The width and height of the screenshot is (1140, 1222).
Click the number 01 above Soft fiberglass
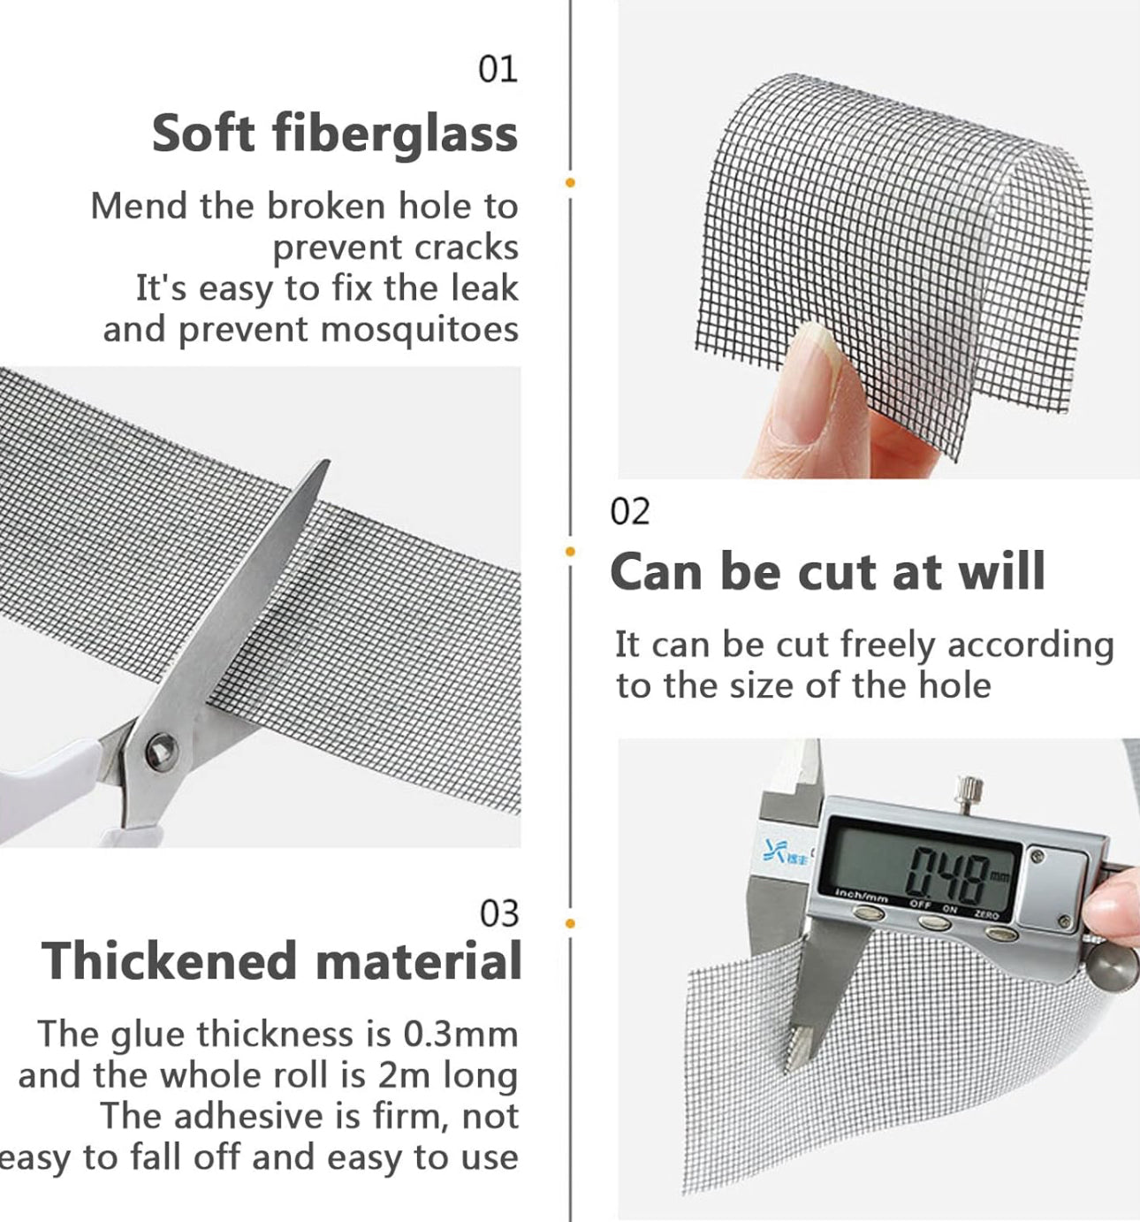tap(498, 70)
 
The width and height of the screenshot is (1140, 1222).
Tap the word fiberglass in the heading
tap(395, 134)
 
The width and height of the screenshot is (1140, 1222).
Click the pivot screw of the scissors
tap(161, 751)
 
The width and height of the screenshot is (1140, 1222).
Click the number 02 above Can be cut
tap(629, 512)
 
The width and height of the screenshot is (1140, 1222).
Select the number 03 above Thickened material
tap(499, 914)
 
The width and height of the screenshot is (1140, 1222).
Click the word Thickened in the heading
tap(170, 962)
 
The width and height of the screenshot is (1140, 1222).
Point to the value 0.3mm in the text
tap(460, 1035)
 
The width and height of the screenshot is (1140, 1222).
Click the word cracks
tap(466, 248)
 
